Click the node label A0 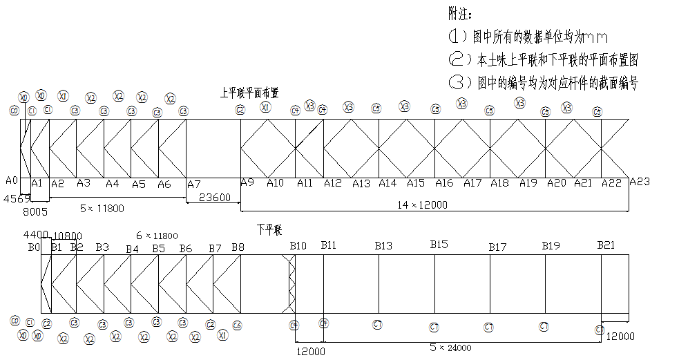click(11, 180)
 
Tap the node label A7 click(194, 184)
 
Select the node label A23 click(640, 182)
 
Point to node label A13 click(361, 183)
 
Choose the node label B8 click(238, 247)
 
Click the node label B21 click(606, 246)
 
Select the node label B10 click(298, 246)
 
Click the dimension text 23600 click(215, 197)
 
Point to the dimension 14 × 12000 click(422, 205)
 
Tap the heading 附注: click(461, 14)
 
